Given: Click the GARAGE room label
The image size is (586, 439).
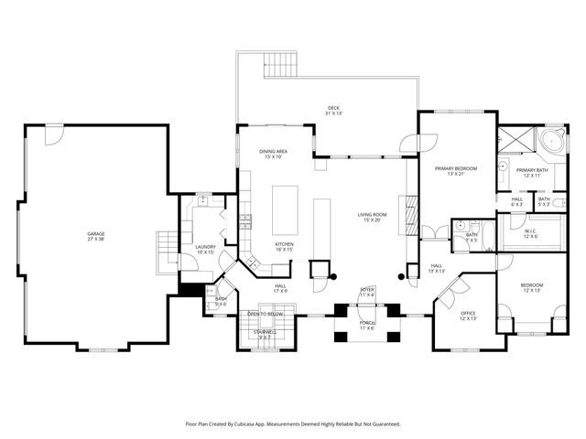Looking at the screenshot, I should [95, 236].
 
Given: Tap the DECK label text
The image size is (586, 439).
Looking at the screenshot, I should [334, 110].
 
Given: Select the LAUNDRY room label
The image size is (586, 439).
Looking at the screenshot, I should [205, 249].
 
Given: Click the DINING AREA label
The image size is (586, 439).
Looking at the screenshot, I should [274, 153].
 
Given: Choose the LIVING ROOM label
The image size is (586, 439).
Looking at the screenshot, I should [373, 217].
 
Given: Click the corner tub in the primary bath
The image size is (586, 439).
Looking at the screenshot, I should [552, 145].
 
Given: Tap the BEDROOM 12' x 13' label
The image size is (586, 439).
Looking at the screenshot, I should [532, 287].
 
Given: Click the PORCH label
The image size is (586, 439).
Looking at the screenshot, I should [367, 325].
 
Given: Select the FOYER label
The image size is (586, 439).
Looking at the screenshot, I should [367, 291].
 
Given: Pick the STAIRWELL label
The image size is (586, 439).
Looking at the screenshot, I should [264, 337].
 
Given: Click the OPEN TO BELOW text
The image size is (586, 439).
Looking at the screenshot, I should [266, 314].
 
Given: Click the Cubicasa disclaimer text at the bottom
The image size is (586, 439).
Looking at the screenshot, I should [293, 424].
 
